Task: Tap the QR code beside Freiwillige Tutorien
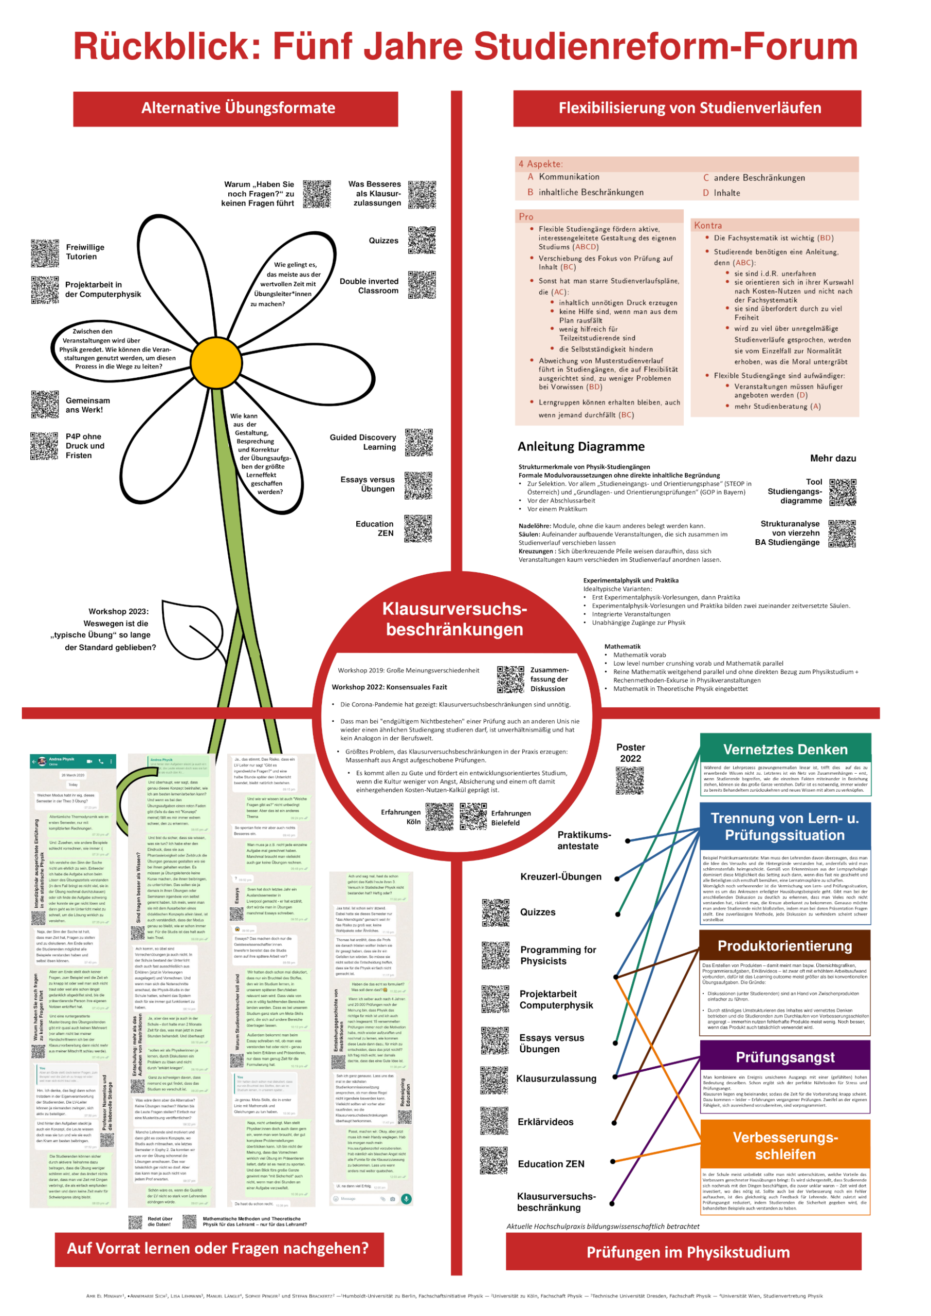tap(45, 253)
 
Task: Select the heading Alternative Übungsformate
tap(238, 108)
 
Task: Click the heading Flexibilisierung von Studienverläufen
tap(690, 108)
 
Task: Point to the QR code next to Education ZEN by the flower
tap(418, 528)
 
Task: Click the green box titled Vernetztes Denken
tap(785, 750)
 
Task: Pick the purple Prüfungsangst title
tap(785, 1057)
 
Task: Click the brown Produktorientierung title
tap(785, 946)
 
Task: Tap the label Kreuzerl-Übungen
tap(561, 877)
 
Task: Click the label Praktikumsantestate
tap(578, 841)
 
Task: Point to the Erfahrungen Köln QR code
tap(439, 817)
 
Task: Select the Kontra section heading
tap(708, 226)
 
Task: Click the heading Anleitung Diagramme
tap(581, 447)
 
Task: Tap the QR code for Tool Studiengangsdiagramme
tap(843, 492)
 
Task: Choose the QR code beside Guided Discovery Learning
tap(418, 443)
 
